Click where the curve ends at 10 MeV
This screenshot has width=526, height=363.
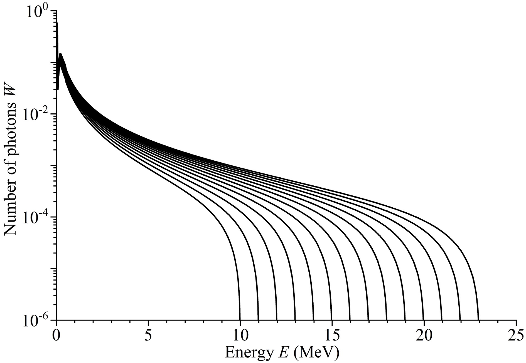pos(240,319)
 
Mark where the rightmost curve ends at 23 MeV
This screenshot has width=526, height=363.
pos(478,319)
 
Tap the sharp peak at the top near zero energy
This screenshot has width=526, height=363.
pos(57,24)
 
